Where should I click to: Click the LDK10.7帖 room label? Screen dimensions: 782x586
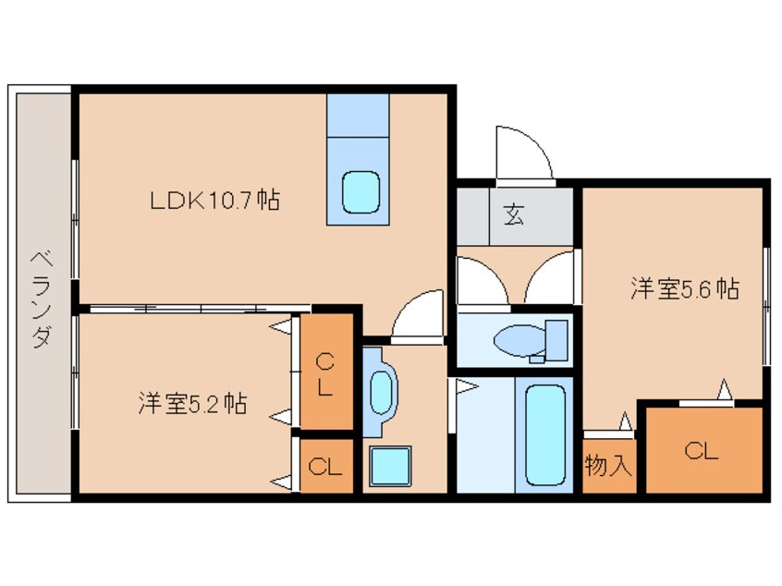tap(215, 201)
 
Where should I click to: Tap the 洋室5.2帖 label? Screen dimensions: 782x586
tap(192, 404)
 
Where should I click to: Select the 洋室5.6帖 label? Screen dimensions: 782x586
tap(685, 288)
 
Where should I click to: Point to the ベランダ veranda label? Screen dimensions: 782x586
tap(42, 299)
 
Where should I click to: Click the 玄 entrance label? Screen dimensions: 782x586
tap(514, 214)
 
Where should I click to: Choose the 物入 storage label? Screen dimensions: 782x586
tap(608, 465)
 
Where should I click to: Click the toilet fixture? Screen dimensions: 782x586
tap(531, 341)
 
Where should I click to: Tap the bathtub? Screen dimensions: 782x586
tap(545, 434)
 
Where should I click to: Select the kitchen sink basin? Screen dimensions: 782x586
tap(361, 192)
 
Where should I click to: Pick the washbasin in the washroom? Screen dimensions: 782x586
tap(382, 393)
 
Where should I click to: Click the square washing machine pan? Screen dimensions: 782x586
tap(390, 466)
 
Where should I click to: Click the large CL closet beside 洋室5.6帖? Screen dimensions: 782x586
tap(704, 450)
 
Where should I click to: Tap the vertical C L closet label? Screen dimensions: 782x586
tap(325, 374)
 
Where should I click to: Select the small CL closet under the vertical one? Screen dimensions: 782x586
tap(326, 467)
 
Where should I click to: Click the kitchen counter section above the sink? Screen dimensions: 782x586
tap(358, 116)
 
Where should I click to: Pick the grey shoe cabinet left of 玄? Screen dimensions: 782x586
tap(472, 216)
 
